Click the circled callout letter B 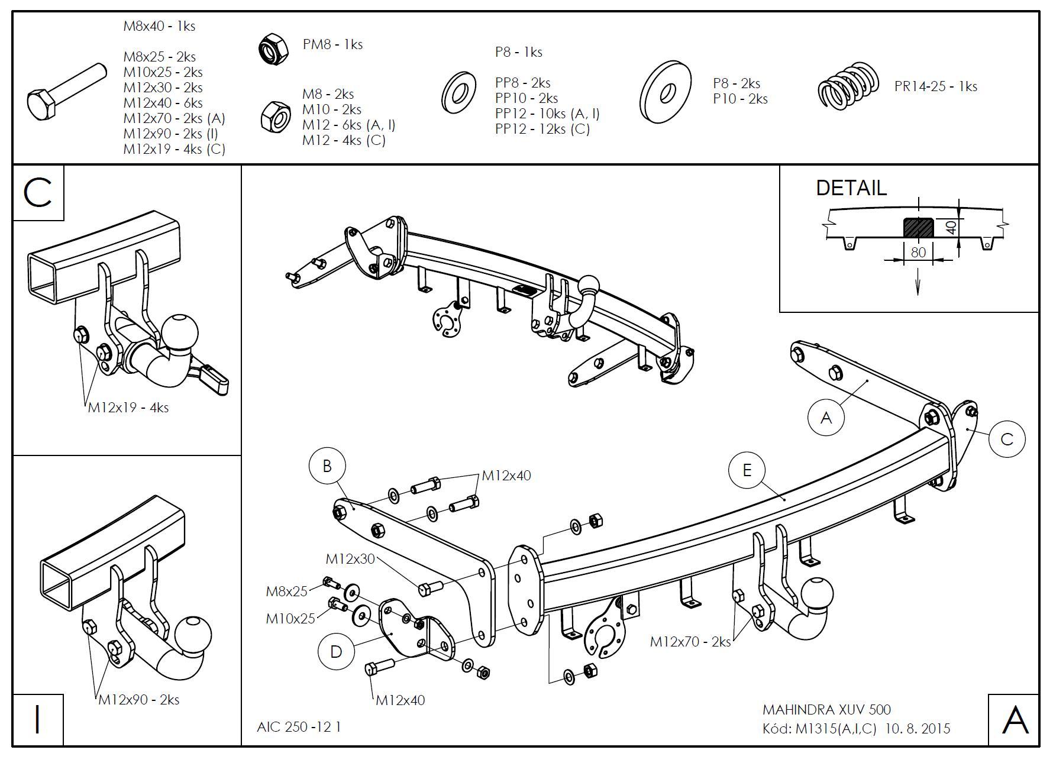pyautogui.click(x=327, y=466)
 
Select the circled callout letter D pyautogui.click(x=336, y=652)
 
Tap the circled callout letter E pyautogui.click(x=747, y=470)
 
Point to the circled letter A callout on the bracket pyautogui.click(x=826, y=418)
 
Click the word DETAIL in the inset pyautogui.click(x=851, y=188)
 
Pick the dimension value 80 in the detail pyautogui.click(x=918, y=252)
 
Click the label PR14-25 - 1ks pyautogui.click(x=935, y=86)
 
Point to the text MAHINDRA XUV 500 pyautogui.click(x=826, y=709)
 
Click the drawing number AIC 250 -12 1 pyautogui.click(x=299, y=726)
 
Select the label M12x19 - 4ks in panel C pyautogui.click(x=128, y=408)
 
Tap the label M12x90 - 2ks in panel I pyautogui.click(x=138, y=700)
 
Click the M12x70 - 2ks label pyautogui.click(x=690, y=642)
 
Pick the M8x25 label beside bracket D pyautogui.click(x=287, y=591)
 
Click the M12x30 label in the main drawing pyautogui.click(x=350, y=559)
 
